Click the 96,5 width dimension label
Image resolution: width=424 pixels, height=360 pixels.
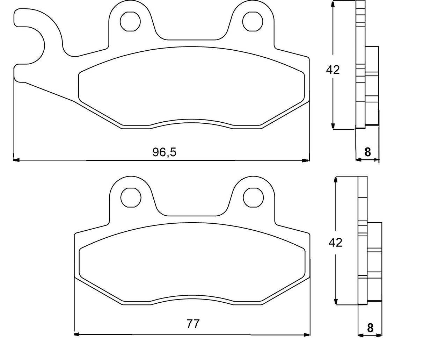[x=165, y=152]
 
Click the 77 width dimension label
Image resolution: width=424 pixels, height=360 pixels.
[x=193, y=324]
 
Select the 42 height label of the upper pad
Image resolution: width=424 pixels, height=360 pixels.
[x=332, y=70]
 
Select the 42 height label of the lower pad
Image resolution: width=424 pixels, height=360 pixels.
[x=335, y=242]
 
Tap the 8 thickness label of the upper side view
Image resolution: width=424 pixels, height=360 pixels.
[x=367, y=152]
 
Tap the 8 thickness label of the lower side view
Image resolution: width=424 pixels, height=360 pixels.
[x=370, y=328]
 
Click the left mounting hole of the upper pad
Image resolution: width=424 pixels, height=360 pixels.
[x=130, y=21]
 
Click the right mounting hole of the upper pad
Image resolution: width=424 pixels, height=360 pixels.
[x=253, y=21]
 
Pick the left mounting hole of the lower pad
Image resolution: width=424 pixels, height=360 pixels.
[x=131, y=197]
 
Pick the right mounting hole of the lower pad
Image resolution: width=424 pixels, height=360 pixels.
[x=253, y=197]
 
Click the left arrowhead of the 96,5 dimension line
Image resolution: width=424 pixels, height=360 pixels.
[x=16, y=160]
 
